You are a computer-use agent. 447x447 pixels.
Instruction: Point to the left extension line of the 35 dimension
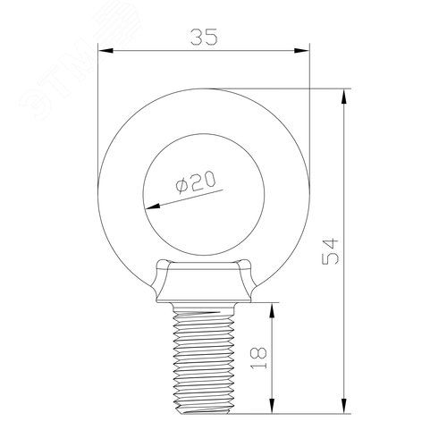click(97, 98)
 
